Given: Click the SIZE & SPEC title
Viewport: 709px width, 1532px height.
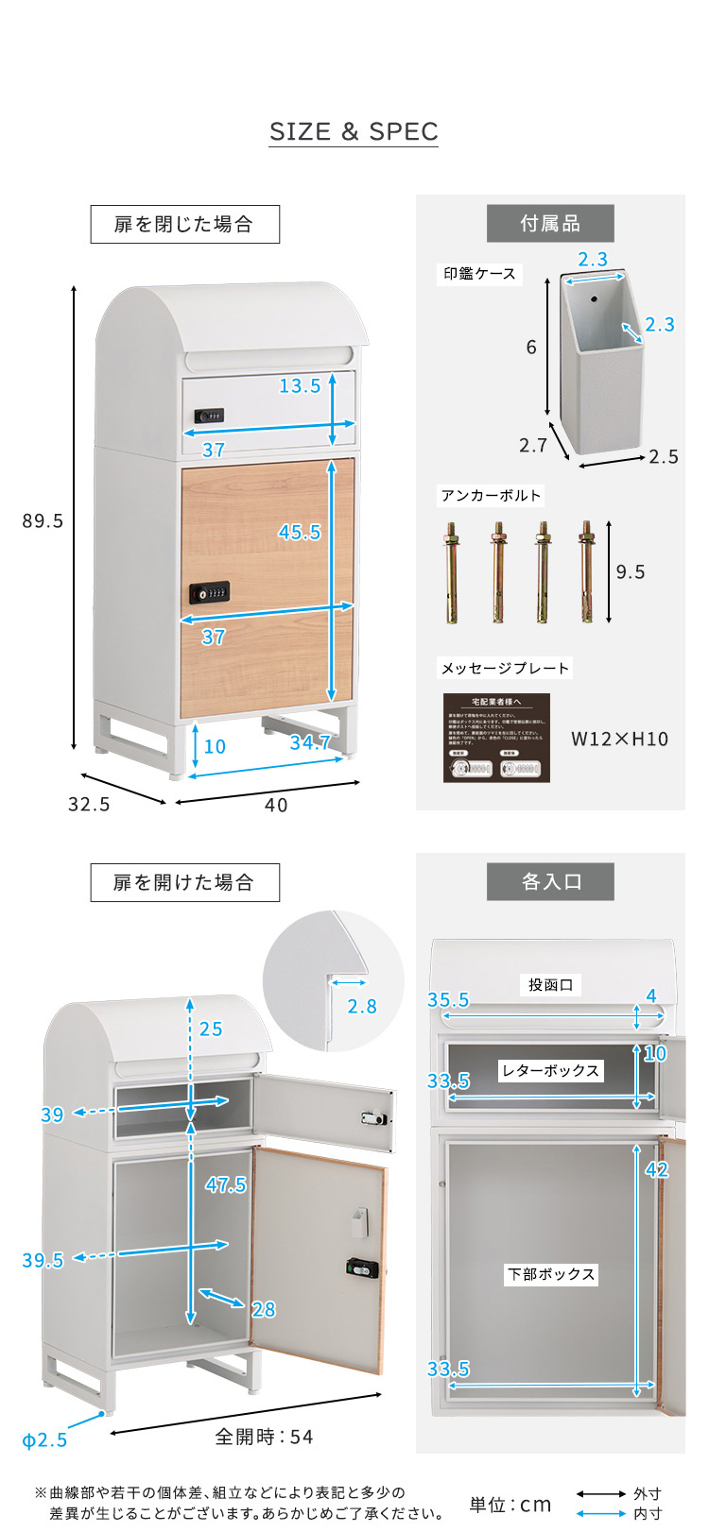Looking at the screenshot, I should pos(354,132).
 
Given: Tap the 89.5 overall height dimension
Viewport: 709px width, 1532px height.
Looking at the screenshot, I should pos(43,521).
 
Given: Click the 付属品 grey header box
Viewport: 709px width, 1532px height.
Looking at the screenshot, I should pos(550,224).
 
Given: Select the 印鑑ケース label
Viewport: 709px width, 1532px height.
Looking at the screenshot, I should pos(480,274).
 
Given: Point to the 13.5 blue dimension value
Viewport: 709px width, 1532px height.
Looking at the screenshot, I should pos(300,385).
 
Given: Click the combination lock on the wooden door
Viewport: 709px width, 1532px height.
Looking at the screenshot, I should pos(209,592).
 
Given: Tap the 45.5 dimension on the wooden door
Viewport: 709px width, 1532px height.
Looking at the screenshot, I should pos(299,532).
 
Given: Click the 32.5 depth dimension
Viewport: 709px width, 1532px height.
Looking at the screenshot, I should pos(89,804).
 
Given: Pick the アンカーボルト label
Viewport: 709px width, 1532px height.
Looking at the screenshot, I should pos(491,496).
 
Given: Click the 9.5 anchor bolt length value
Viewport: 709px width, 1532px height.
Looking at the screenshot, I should pos(631,571).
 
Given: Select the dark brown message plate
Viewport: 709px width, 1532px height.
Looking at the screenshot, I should pos(496,738).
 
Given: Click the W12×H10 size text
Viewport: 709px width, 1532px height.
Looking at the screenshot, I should pos(619,739).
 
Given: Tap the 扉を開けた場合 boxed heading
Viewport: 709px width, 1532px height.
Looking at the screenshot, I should pos(184,882).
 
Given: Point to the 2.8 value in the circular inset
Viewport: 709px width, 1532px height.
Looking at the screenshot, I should pos(362,1007).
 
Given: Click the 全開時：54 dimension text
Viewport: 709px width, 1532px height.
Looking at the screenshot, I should pos(264,1437).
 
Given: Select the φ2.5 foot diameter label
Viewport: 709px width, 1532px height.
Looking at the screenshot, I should pos(44,1440).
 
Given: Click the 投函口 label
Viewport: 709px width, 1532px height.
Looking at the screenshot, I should pos(551,985).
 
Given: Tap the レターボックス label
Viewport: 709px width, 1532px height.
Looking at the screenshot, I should pos(550,1070).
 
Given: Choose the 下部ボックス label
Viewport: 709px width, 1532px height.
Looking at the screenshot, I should pos(551,1274).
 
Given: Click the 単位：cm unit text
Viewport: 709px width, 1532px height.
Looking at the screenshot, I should pos(510,1505).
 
